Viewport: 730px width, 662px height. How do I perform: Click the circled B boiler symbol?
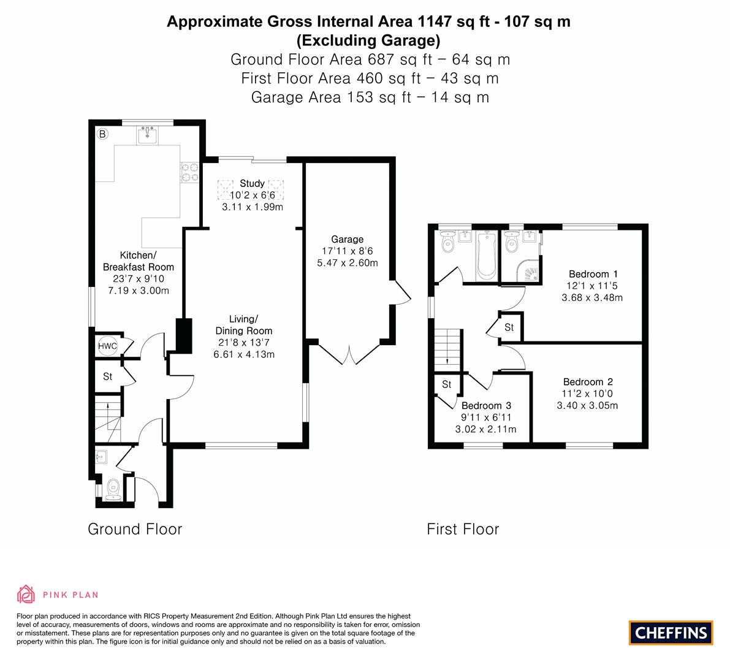pos(102,134)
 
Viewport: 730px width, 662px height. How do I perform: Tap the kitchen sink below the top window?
pos(148,135)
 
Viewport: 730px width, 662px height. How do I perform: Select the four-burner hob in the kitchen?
pos(189,172)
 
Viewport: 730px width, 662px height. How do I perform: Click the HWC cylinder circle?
pos(107,346)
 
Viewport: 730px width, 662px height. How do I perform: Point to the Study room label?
pos(252,183)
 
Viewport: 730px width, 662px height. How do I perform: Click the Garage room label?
pos(348,239)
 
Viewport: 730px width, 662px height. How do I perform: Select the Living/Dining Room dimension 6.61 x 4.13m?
pos(244,354)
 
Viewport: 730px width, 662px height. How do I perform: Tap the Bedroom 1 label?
pos(593,274)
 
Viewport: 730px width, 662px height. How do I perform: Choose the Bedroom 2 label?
pos(588,382)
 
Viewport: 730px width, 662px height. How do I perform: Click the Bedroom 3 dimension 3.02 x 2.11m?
pos(485,429)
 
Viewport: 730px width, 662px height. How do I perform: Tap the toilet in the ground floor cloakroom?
pos(113,491)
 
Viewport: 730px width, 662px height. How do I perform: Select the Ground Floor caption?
pos(135,529)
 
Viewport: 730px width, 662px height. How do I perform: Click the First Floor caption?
pos(463,529)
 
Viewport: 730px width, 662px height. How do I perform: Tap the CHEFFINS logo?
pos(671,633)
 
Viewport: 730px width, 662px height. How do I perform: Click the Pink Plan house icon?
pos(26,594)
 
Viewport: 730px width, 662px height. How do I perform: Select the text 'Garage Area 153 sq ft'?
pos(331,97)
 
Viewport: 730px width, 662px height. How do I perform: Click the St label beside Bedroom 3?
pos(446,384)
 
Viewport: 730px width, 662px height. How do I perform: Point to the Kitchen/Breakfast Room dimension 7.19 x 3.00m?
pos(139,291)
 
